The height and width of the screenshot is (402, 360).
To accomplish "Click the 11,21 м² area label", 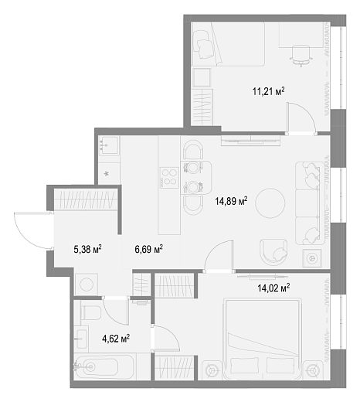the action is (x=269, y=91).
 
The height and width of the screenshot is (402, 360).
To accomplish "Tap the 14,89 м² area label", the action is (x=231, y=201).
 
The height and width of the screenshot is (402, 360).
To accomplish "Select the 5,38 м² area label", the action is (x=87, y=249).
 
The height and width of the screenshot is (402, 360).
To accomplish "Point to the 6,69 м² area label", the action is (x=148, y=249).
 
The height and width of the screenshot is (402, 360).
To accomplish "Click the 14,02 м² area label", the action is (x=273, y=288).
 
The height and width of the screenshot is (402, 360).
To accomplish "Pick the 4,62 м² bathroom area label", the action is (x=116, y=339).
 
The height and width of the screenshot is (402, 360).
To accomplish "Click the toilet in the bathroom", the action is (x=90, y=312).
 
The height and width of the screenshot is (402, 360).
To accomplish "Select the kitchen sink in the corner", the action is (x=110, y=145).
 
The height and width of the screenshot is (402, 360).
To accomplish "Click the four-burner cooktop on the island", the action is (x=169, y=178).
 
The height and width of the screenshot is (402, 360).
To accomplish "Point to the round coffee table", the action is (x=270, y=203).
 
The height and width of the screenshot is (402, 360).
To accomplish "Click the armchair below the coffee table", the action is (x=273, y=252).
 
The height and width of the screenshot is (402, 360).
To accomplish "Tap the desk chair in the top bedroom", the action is (x=301, y=56).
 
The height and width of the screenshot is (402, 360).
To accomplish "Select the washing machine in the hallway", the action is (x=86, y=284).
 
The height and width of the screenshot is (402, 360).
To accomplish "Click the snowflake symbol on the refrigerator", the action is (x=106, y=174).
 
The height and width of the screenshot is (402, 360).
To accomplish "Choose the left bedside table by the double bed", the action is (x=212, y=370).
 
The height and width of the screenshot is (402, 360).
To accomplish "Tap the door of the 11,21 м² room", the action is (x=301, y=118).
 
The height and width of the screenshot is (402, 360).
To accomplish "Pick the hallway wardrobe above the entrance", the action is (x=86, y=199).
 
